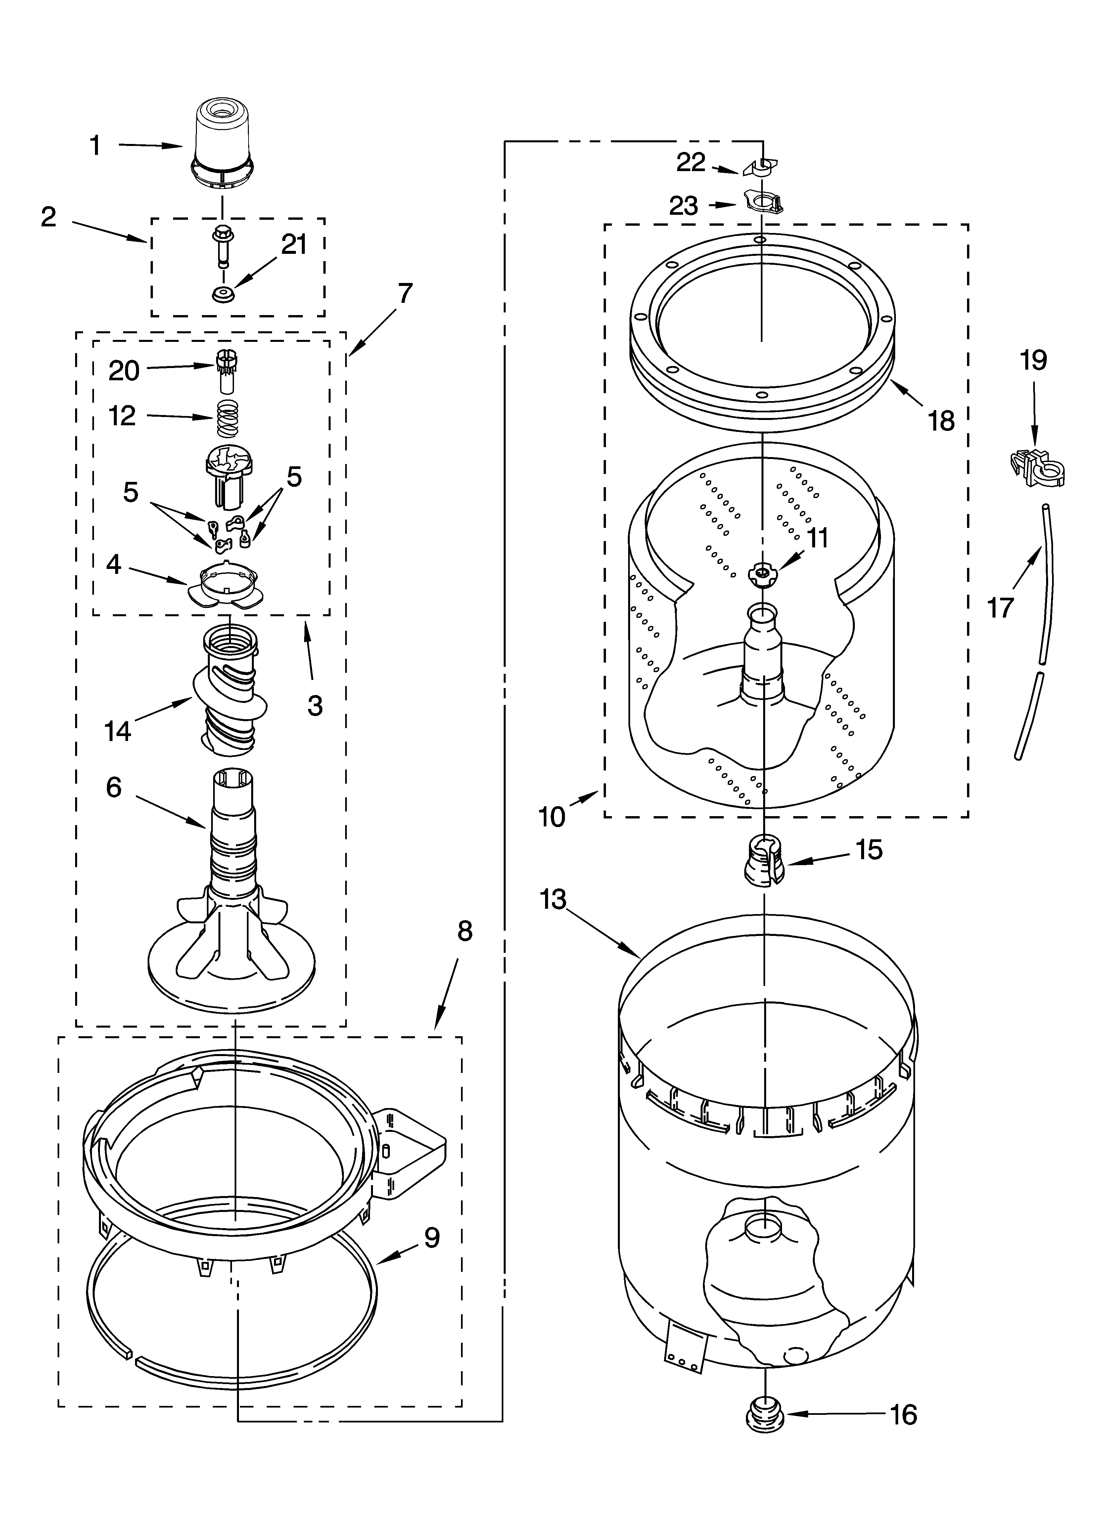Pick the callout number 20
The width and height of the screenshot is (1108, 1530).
click(x=124, y=370)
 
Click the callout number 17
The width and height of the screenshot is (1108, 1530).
click(x=1001, y=607)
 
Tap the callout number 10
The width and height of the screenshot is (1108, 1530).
click(x=552, y=817)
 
